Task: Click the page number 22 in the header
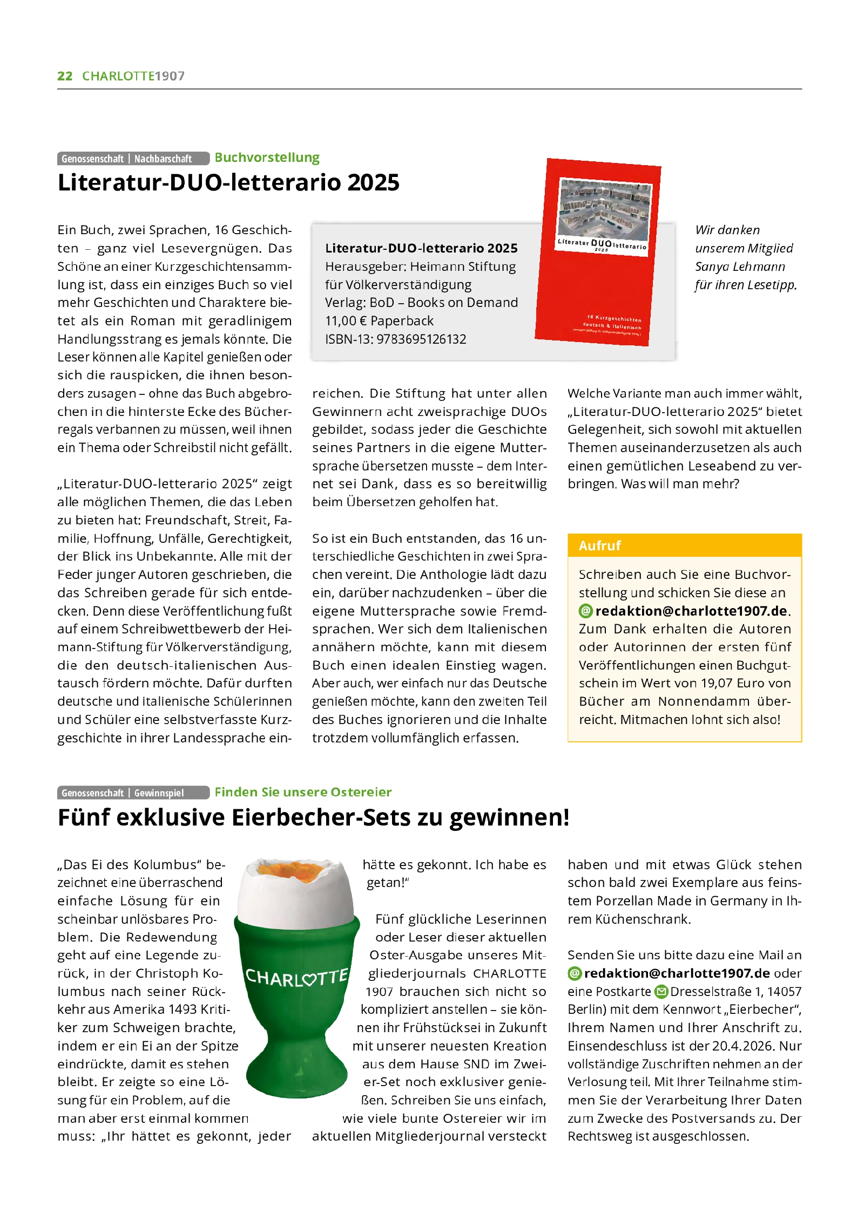tap(65, 76)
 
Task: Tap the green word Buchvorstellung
tap(267, 158)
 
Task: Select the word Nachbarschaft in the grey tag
tap(163, 159)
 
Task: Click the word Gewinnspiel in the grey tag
tap(159, 793)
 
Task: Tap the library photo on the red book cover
tap(605, 210)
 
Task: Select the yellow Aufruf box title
tap(600, 545)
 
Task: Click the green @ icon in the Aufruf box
tap(585, 611)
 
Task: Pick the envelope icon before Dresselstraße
tap(661, 992)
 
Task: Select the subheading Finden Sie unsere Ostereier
tap(302, 792)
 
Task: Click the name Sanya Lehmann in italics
tap(740, 267)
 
